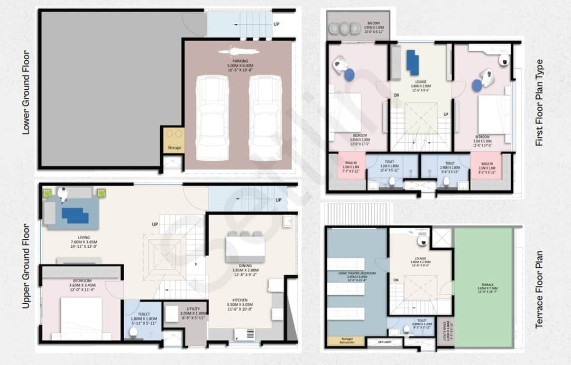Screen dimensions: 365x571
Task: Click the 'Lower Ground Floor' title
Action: pyautogui.click(x=26, y=92)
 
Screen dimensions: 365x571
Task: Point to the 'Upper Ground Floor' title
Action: pyautogui.click(x=26, y=265)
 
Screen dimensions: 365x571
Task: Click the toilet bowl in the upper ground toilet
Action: pyautogui.click(x=133, y=332)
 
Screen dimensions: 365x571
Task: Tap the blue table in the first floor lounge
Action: pyautogui.click(x=413, y=62)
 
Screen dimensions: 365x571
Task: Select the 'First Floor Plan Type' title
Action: pyautogui.click(x=539, y=102)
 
